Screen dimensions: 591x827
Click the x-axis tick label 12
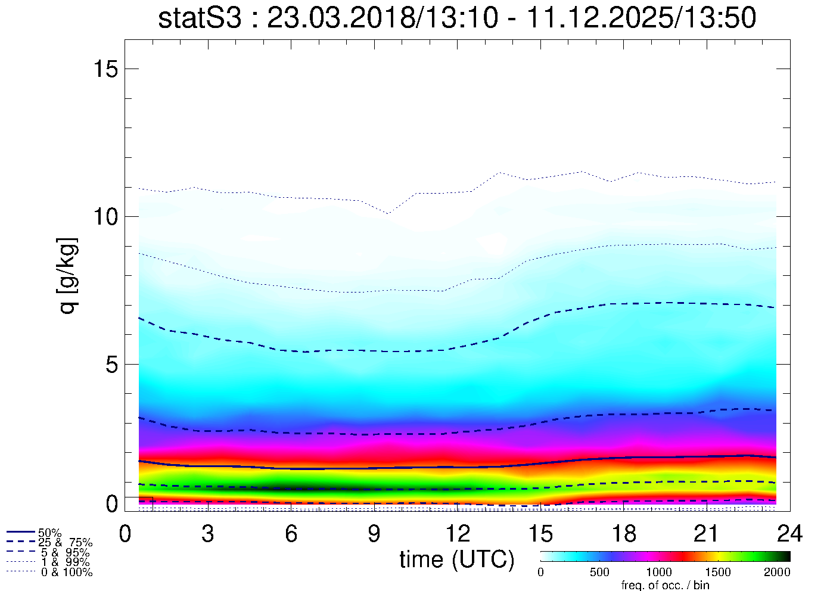(x=458, y=534)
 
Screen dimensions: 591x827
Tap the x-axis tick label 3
(x=207, y=534)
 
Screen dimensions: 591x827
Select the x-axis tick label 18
(x=624, y=534)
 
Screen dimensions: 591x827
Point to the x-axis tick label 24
(x=790, y=534)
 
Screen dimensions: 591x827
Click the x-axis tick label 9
(x=374, y=534)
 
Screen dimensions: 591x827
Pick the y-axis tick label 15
(x=104, y=69)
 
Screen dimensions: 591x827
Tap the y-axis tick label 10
(x=104, y=217)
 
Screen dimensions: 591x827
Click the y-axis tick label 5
(x=112, y=365)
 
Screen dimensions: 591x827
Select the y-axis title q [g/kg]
(x=67, y=276)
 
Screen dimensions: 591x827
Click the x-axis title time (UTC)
(x=457, y=559)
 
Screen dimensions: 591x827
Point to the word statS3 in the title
(x=200, y=18)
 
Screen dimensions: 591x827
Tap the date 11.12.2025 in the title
(x=602, y=18)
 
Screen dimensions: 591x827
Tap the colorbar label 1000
(x=659, y=573)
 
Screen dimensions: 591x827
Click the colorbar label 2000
(x=778, y=573)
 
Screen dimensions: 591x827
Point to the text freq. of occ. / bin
(x=665, y=585)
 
